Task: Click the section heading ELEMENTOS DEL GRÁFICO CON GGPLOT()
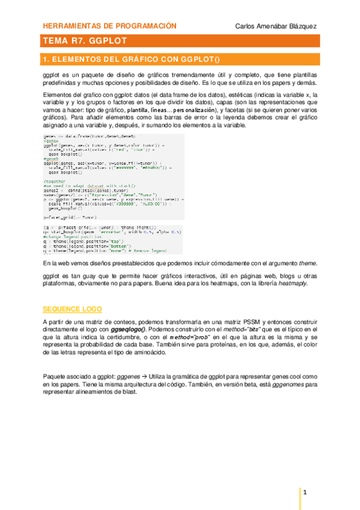coord(128,60)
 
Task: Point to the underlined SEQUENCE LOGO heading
coord(72,309)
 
